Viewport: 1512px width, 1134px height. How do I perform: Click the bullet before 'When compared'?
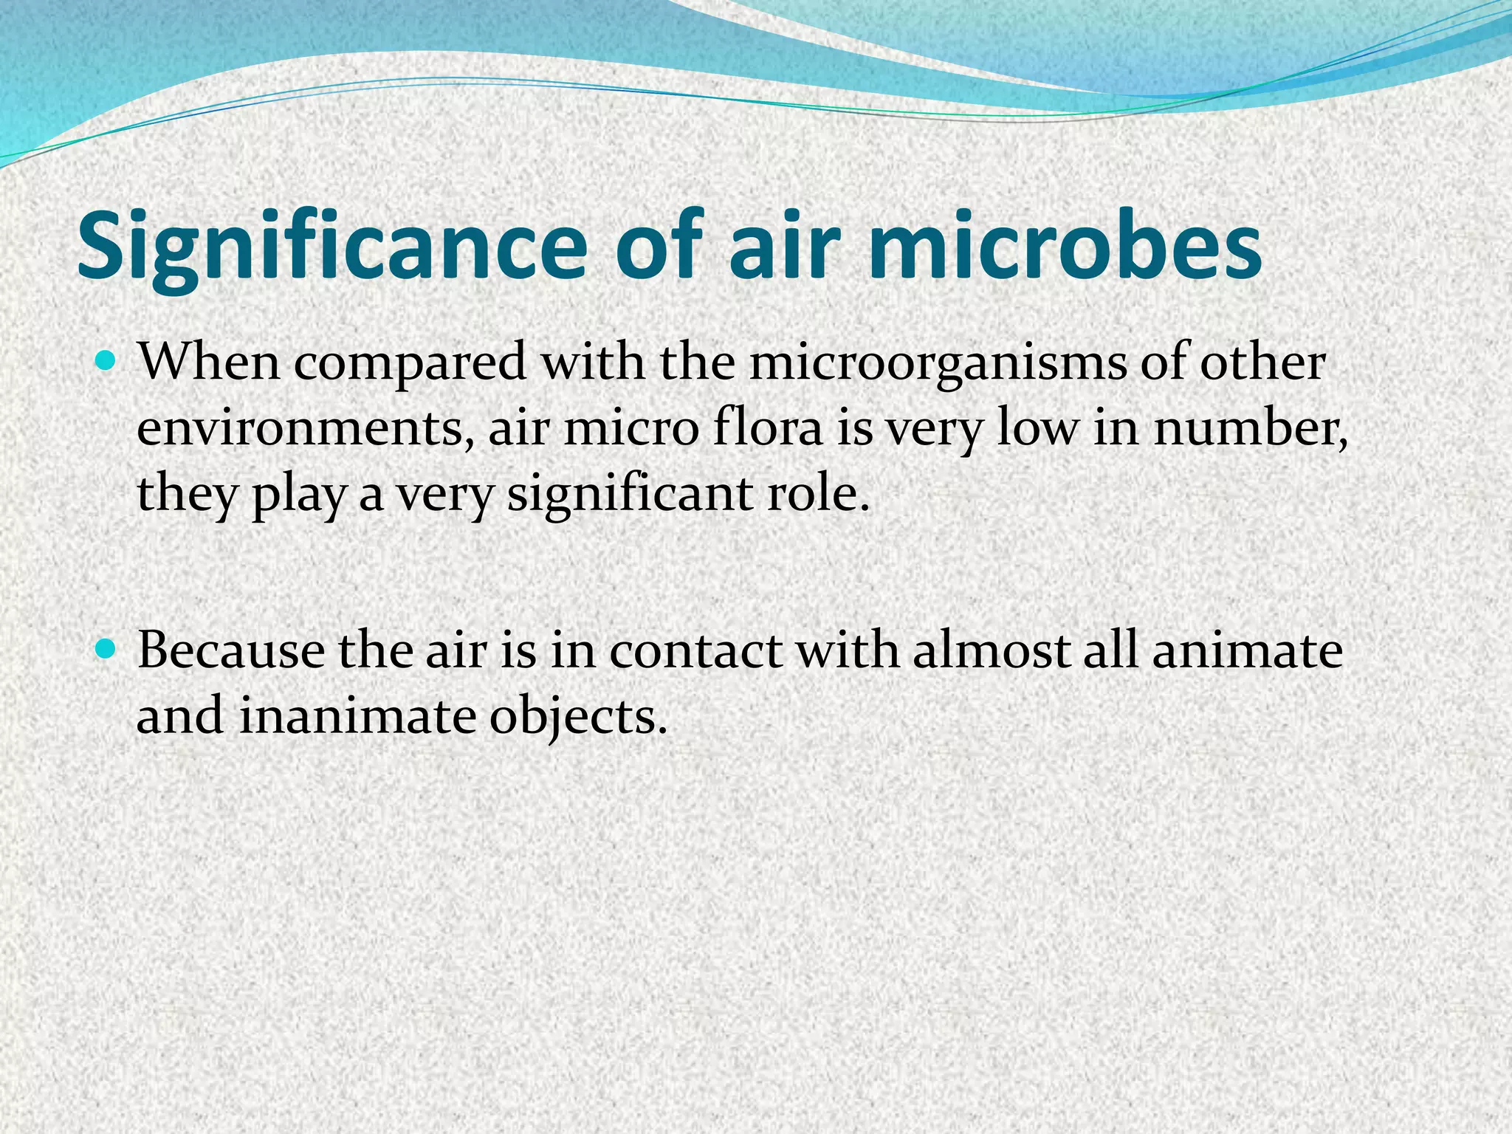click(107, 362)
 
